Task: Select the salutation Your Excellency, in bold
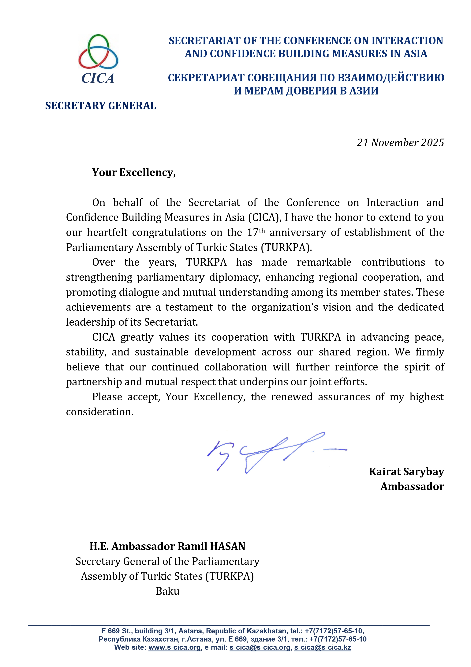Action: [x=134, y=173]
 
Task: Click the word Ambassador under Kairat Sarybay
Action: [x=412, y=487]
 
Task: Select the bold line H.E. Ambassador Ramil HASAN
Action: [x=167, y=546]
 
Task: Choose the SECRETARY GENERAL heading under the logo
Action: [x=101, y=106]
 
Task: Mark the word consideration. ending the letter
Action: [x=99, y=412]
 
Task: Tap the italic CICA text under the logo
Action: [x=98, y=78]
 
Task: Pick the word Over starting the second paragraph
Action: [x=103, y=262]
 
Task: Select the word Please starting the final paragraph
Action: [x=107, y=397]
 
